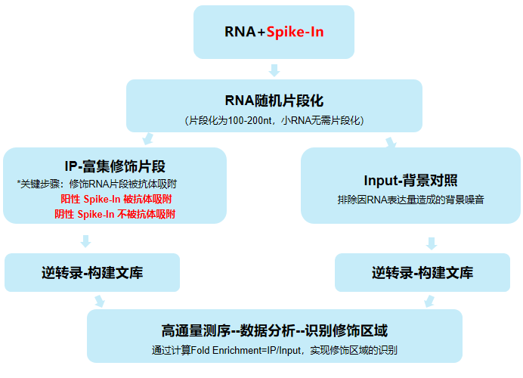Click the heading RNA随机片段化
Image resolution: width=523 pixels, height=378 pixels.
[x=274, y=101]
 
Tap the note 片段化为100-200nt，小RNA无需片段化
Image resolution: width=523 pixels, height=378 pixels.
[x=274, y=120]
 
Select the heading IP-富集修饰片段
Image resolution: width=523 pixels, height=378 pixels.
[x=115, y=166]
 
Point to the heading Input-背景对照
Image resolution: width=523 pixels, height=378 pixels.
[x=410, y=181]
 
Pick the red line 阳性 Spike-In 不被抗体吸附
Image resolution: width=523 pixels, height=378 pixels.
[x=115, y=214]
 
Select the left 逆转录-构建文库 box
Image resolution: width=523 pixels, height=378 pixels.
[x=92, y=273]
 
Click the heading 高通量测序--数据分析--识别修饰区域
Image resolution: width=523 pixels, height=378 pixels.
[x=274, y=331]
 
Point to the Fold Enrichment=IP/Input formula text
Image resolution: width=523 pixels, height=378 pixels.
[x=274, y=350]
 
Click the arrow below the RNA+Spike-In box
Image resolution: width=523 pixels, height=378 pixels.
[x=274, y=70]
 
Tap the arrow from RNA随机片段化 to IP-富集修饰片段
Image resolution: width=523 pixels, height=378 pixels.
[x=148, y=139]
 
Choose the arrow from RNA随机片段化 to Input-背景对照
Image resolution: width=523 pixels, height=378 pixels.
[x=391, y=141]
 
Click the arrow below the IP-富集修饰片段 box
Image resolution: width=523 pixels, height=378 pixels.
[x=85, y=241]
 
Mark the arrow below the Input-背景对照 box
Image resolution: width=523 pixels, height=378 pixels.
[x=431, y=243]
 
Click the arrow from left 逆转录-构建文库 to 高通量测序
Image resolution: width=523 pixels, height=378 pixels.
[x=99, y=301]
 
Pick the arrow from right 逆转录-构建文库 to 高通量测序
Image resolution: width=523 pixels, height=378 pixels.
[x=429, y=301]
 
